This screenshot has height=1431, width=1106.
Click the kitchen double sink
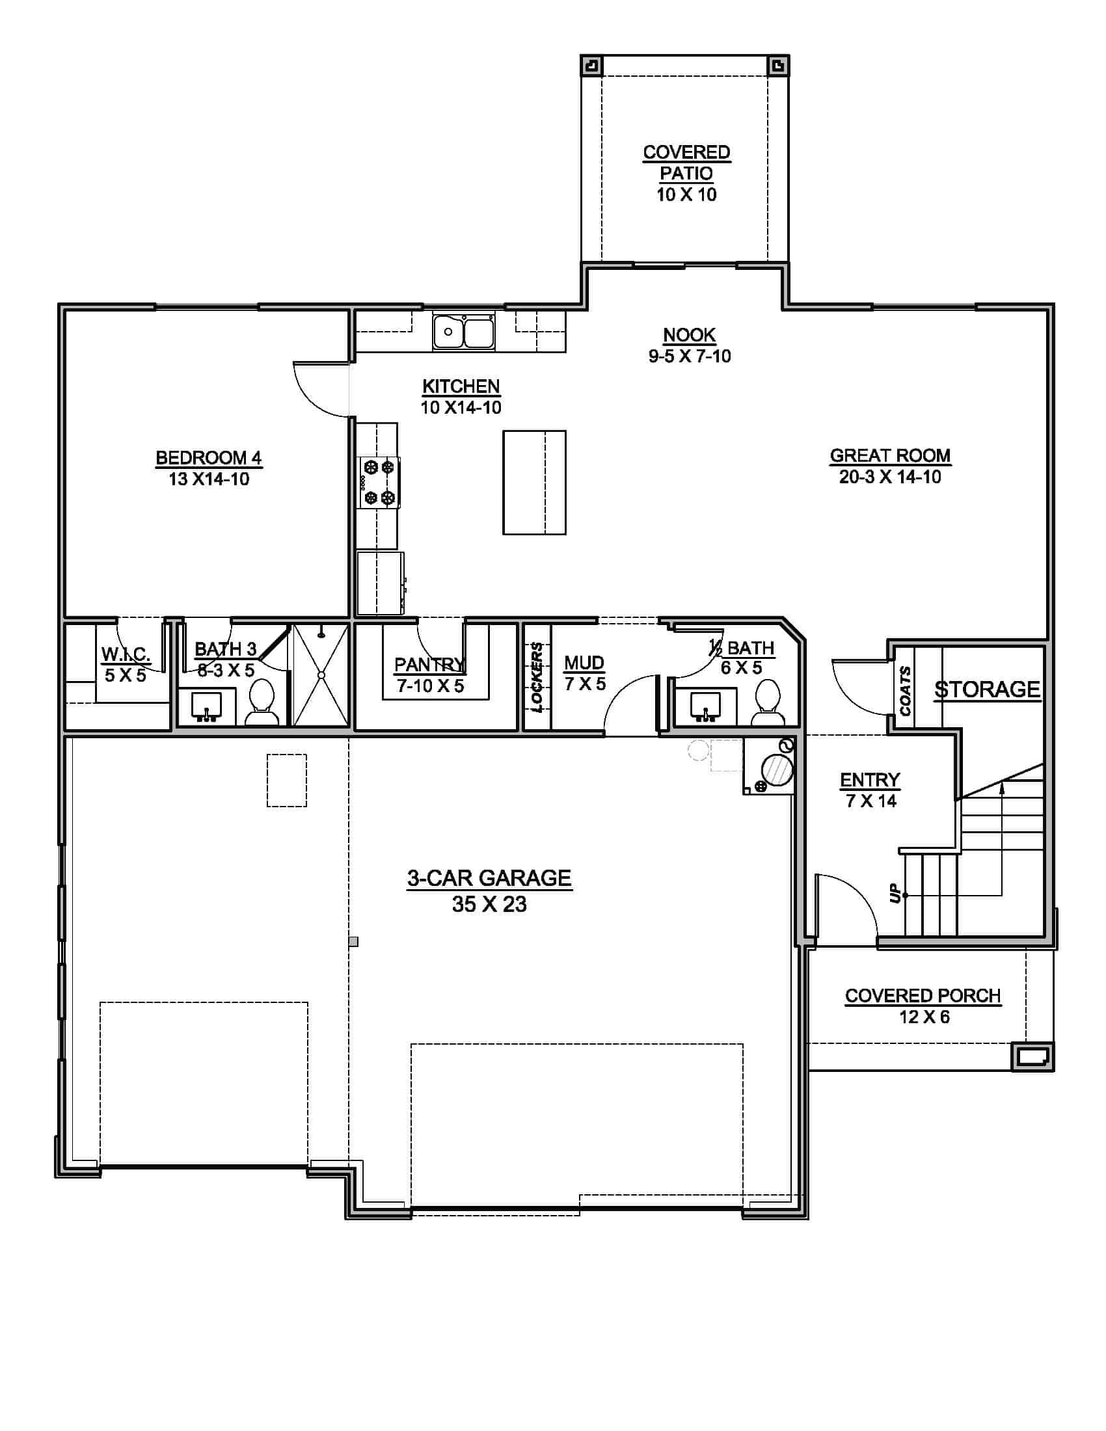[x=463, y=332]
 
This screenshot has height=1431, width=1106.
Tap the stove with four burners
[x=379, y=483]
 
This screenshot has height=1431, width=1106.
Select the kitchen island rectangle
[x=534, y=482]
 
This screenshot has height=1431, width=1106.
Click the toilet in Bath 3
[x=262, y=702]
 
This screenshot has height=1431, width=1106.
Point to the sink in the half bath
[x=706, y=704]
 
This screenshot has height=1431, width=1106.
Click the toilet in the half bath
[x=767, y=702]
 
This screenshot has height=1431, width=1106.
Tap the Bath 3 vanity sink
[x=206, y=706]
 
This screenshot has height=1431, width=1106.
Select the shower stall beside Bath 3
[x=320, y=675]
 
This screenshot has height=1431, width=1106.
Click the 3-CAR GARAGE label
[x=489, y=878]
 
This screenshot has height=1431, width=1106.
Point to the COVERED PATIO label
[x=686, y=163]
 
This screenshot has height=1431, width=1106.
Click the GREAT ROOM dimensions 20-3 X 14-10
[x=890, y=477]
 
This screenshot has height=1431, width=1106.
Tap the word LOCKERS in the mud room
[x=537, y=676]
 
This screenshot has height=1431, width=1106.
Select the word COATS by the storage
[x=906, y=691]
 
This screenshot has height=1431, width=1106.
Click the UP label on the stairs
[x=895, y=894]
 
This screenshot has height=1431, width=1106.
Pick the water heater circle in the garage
[x=777, y=770]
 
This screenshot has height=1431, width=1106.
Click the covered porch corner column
[x=1032, y=1056]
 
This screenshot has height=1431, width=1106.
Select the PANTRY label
[x=429, y=664]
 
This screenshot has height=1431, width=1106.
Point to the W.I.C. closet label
[x=125, y=653]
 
